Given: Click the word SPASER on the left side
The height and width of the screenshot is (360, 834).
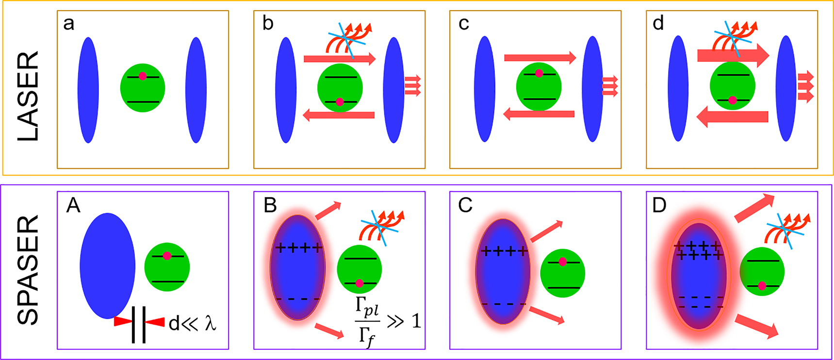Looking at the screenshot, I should tap(28, 270).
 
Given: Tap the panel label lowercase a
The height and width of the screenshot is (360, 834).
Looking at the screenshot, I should tap(69, 24).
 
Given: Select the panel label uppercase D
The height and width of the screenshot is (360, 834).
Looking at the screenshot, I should tap(659, 206).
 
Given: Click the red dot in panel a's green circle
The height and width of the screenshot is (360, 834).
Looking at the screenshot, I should tap(142, 76).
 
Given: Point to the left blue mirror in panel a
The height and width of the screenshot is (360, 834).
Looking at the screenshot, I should tap(88, 90).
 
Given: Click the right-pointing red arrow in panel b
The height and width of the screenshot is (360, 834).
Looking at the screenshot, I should tap(339, 59).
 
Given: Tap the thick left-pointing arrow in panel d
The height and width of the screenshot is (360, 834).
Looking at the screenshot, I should tap(732, 117).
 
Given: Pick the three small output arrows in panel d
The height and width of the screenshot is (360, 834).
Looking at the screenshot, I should tap(805, 86).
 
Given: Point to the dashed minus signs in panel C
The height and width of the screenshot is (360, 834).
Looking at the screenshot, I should tap(504, 304).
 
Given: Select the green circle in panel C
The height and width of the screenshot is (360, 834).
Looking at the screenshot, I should tap(563, 274).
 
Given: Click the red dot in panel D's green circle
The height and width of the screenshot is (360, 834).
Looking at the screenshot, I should tap(762, 286).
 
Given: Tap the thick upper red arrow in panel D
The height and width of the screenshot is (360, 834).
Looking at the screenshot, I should tap(754, 208).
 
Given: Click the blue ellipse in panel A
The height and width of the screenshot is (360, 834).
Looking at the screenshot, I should tap(108, 265).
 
